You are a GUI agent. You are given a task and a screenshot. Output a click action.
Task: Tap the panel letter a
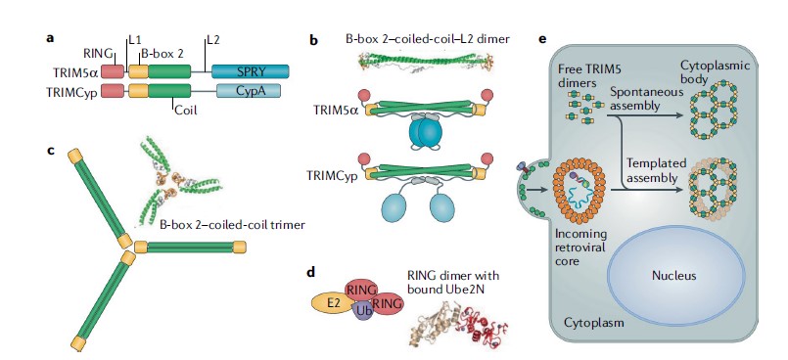click(x=48, y=39)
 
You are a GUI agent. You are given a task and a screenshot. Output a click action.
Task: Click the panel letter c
click(x=48, y=150)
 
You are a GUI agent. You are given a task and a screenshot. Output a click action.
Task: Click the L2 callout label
click(x=213, y=40)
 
